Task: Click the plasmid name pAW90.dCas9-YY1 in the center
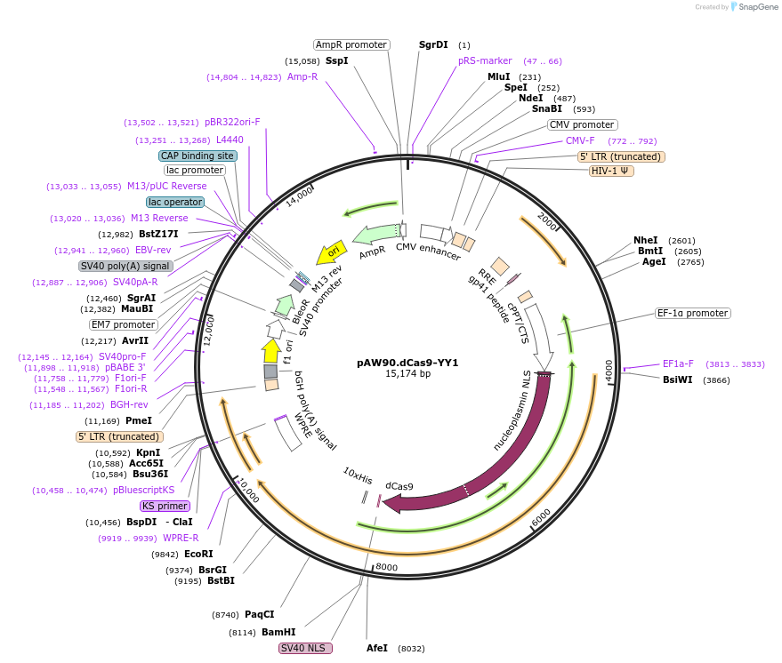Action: pos(407,363)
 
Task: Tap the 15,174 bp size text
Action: pos(407,374)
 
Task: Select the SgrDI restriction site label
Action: pos(434,44)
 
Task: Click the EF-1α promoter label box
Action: pos(692,314)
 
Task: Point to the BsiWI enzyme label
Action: pos(678,379)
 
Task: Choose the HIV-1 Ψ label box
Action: pos(611,171)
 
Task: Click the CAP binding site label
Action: pos(198,156)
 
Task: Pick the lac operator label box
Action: pos(175,202)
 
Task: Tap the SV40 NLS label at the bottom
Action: pos(305,649)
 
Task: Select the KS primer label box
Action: pos(165,506)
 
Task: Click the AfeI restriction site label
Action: pos(377,649)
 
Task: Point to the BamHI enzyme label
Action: pos(278,632)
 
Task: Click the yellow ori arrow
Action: pos(331,252)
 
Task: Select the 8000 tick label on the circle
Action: pos(386,567)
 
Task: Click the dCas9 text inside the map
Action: pos(399,486)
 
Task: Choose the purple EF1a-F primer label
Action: pos(678,363)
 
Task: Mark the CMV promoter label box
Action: pos(582,125)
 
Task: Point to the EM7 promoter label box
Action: pos(124,324)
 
